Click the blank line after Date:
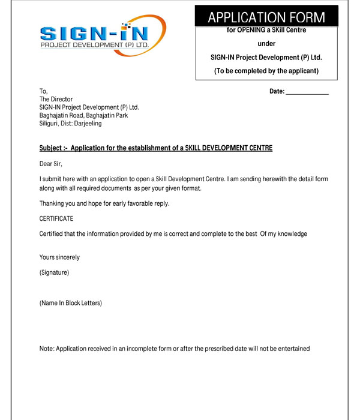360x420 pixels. (x=307, y=92)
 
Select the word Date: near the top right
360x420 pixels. (x=277, y=91)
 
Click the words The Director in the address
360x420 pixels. (x=56, y=100)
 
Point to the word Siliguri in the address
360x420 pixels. (x=51, y=124)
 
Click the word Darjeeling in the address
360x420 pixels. (x=88, y=124)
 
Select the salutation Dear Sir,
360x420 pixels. (x=51, y=163)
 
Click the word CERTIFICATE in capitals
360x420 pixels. (x=56, y=218)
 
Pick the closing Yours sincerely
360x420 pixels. (x=59, y=257)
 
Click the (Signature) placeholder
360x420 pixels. (x=54, y=273)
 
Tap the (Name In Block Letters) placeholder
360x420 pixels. (x=71, y=303)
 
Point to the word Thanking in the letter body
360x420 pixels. (x=52, y=203)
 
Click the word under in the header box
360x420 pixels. (x=266, y=44)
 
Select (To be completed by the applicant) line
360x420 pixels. (x=266, y=71)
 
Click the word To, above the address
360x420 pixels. (x=43, y=91)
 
